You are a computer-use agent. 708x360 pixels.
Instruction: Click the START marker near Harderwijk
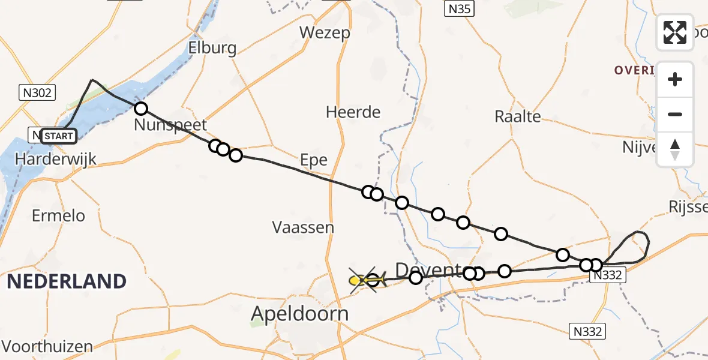(58, 136)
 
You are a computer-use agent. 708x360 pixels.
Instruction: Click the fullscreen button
(675, 32)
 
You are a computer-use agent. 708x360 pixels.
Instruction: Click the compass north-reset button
(675, 149)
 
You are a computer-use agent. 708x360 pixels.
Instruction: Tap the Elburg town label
(212, 48)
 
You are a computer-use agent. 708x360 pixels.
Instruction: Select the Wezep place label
(325, 32)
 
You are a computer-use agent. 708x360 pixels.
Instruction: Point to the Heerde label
(353, 112)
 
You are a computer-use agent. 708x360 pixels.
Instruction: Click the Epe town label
(314, 160)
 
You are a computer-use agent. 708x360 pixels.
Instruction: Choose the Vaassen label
(303, 227)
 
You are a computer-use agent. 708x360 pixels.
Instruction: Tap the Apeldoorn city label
(300, 314)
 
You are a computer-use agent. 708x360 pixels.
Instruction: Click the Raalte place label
(517, 116)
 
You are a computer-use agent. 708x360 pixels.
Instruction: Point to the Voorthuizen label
(47, 346)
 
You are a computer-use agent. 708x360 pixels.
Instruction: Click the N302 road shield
(37, 93)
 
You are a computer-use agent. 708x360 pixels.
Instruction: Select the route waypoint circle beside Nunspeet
(140, 109)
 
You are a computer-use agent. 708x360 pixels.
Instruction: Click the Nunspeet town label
(170, 125)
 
